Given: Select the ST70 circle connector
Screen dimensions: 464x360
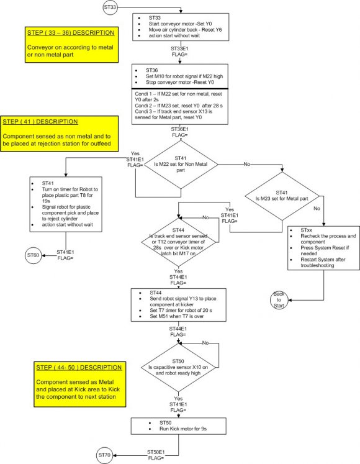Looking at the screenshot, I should click(104, 455).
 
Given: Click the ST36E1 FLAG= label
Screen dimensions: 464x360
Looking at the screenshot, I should click(180, 132).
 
